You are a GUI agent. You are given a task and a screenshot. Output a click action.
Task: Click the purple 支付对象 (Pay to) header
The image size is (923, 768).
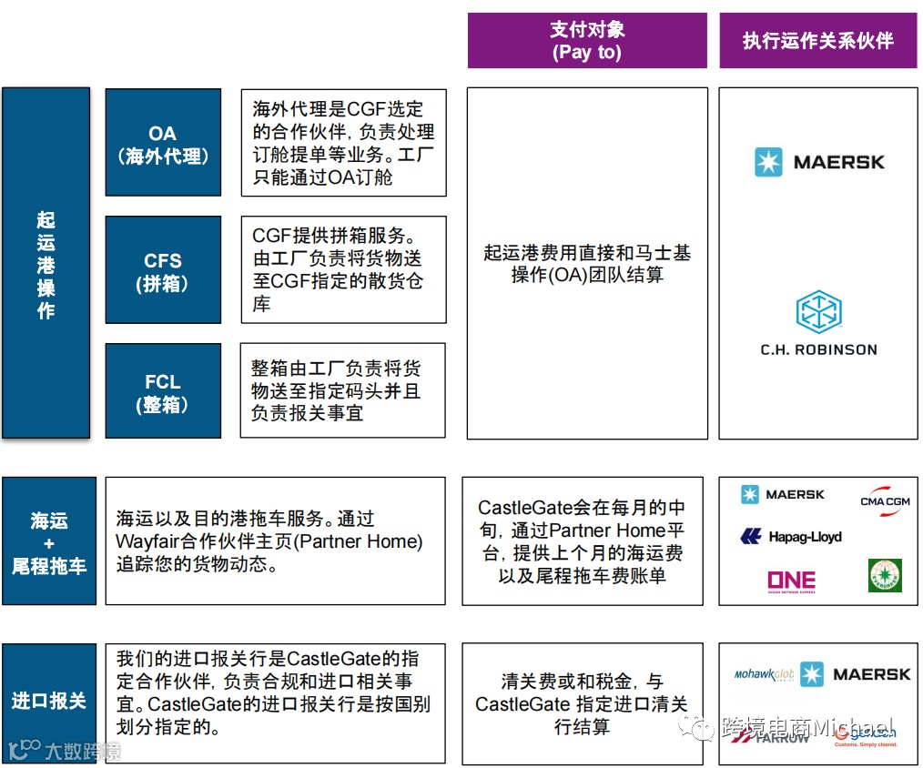(x=586, y=41)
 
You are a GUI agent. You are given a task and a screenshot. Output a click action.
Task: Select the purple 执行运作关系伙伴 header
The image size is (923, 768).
(x=817, y=41)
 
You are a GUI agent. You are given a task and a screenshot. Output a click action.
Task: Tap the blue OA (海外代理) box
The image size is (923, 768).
(x=163, y=143)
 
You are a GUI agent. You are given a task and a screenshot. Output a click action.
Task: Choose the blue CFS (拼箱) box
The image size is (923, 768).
(x=163, y=270)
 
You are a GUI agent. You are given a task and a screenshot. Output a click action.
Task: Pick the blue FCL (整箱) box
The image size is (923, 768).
(x=163, y=391)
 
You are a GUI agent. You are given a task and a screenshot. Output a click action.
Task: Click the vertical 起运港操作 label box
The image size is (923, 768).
(x=46, y=263)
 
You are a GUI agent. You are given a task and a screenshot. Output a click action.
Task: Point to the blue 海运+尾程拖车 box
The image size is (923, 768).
(x=49, y=541)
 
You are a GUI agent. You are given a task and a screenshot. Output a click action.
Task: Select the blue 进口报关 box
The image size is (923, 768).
(x=49, y=702)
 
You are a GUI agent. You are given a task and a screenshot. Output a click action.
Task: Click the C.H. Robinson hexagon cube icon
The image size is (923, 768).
(x=818, y=312)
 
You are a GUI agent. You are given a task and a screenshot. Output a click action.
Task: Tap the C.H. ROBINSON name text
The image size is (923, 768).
(x=818, y=349)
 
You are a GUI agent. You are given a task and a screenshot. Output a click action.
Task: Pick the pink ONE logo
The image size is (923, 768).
(x=790, y=581)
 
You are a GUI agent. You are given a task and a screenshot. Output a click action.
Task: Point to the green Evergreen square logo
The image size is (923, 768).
(x=884, y=576)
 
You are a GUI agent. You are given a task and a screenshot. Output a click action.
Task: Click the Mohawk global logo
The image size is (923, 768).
(x=764, y=674)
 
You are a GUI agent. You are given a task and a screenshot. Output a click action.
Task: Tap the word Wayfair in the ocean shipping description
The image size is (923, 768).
(x=147, y=542)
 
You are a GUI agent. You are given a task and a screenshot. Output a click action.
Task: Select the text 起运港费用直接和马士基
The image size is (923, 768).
(x=586, y=253)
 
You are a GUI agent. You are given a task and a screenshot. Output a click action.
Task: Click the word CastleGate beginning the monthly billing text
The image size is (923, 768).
(x=521, y=508)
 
